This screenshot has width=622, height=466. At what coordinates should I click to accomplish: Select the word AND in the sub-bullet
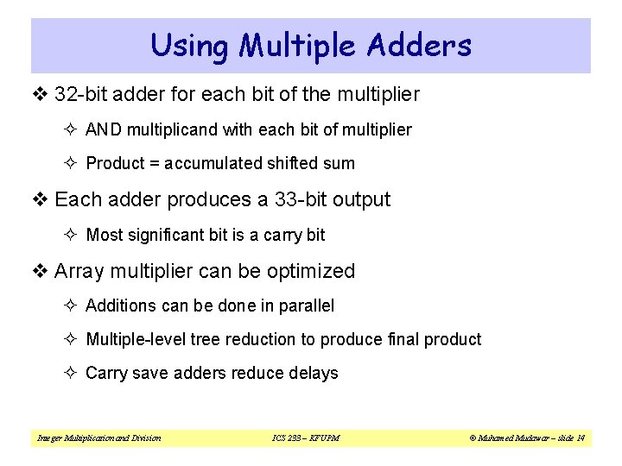(104, 129)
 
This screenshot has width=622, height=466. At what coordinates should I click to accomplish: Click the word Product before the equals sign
(114, 163)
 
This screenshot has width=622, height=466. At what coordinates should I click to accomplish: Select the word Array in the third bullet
(79, 271)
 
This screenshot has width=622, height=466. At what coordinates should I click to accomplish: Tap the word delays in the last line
(316, 373)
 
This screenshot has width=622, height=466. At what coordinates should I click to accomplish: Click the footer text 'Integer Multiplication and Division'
(98, 438)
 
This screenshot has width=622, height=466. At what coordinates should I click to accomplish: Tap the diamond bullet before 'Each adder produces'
(42, 200)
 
